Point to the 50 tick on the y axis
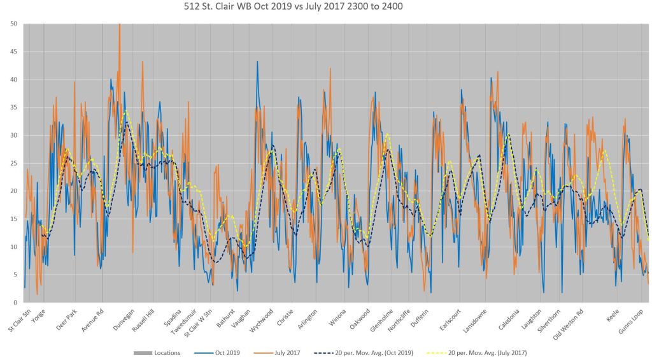click(x=13, y=24)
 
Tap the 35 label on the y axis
click(x=13, y=107)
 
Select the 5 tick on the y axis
click(x=15, y=275)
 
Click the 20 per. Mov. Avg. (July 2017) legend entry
click(x=486, y=352)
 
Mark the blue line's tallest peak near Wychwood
click(x=257, y=62)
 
